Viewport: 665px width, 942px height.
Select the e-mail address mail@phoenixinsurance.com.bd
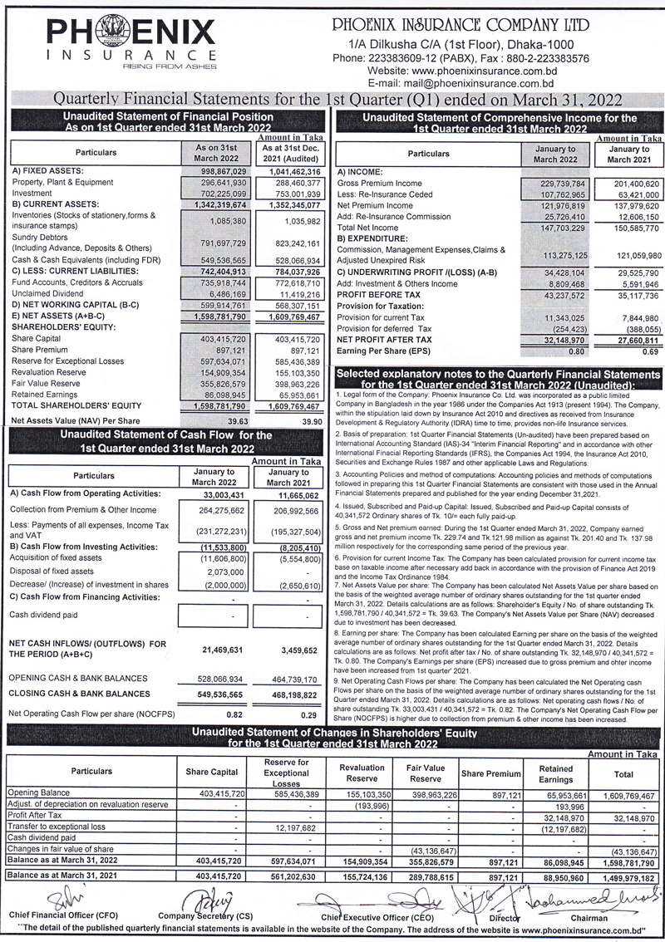[461, 84]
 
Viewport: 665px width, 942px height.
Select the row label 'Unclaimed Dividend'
[47, 294]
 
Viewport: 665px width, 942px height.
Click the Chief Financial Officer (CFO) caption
[62, 914]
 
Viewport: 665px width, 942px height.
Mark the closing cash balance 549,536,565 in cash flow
[222, 693]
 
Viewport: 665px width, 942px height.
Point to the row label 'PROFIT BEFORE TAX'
[377, 295]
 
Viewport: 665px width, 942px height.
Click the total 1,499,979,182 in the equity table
[623, 876]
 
